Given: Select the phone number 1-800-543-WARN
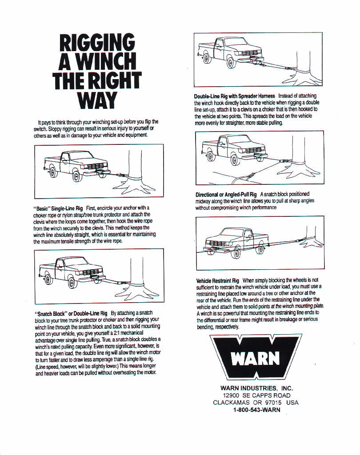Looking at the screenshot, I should coord(256,410).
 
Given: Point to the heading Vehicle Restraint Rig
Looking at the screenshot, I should coord(218,281).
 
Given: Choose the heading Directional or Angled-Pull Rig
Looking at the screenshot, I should coord(226,195).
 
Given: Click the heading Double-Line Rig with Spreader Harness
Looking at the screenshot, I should coord(235,96).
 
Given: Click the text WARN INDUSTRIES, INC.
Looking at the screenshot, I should coord(256,388).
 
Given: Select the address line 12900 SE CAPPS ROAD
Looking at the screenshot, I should coord(256,395).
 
